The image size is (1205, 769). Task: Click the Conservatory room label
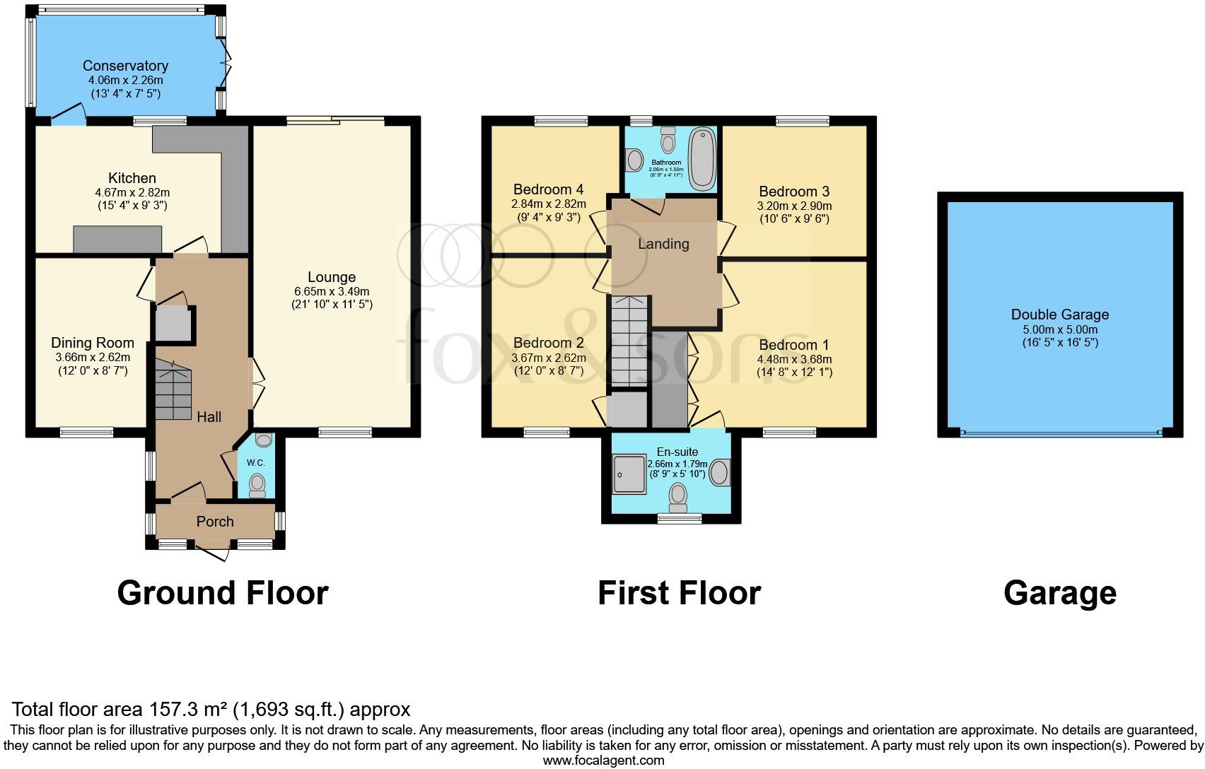(x=125, y=66)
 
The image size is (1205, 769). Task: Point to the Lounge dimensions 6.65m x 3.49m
(x=332, y=291)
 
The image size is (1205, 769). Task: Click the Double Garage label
(x=1059, y=315)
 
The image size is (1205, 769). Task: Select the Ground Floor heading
(x=222, y=593)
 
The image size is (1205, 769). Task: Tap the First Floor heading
(x=679, y=593)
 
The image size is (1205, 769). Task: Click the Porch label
(x=215, y=522)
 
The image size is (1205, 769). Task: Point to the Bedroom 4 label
(x=548, y=189)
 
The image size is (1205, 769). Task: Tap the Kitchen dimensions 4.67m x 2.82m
(x=132, y=192)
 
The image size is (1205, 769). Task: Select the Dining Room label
(x=92, y=344)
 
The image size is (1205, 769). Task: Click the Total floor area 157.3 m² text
(x=211, y=709)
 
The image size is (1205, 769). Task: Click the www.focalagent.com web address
(x=603, y=761)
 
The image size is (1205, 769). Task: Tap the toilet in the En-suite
(x=677, y=496)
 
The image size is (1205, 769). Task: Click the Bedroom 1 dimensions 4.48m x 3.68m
(x=793, y=359)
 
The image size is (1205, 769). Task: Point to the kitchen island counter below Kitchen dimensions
(x=118, y=239)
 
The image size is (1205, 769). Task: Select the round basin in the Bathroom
(x=634, y=159)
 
